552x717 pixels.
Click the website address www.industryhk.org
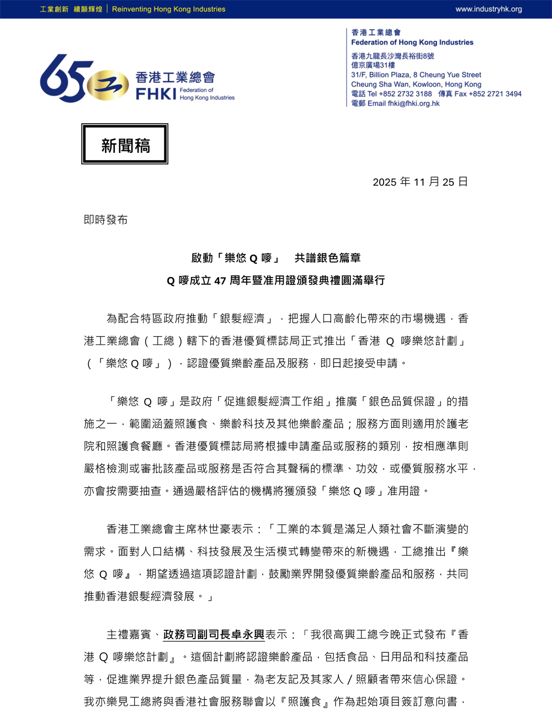coord(489,9)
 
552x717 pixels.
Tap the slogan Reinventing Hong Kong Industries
coord(168,9)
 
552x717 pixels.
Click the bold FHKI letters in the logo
coord(156,94)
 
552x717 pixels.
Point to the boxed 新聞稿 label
coord(125,145)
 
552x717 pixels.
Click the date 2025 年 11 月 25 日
coord(420,182)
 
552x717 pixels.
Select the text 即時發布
coord(106,220)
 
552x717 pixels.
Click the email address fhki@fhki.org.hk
coord(413,103)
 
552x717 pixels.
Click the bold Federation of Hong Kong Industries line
coord(412,43)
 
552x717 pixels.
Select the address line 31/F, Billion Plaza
coord(380,75)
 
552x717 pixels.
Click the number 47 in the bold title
coord(220,281)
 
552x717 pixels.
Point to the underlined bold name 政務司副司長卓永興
coord(214,635)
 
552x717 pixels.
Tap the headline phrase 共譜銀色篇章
coord(327,258)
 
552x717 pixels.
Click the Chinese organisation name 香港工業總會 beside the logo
coord(175,77)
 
